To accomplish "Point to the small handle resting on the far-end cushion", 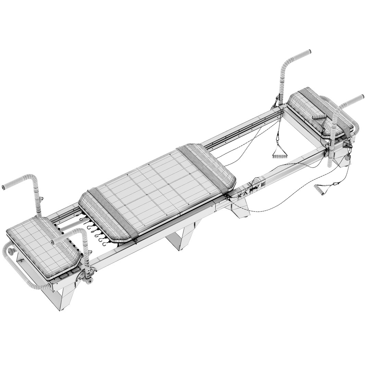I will pyautogui.click(x=320, y=117).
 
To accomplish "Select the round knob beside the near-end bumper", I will pyautogui.click(x=11, y=254).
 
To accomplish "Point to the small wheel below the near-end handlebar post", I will pyautogui.click(x=90, y=281).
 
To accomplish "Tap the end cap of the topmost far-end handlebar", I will pyautogui.click(x=309, y=52).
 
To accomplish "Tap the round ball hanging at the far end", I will pyautogui.click(x=347, y=159).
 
